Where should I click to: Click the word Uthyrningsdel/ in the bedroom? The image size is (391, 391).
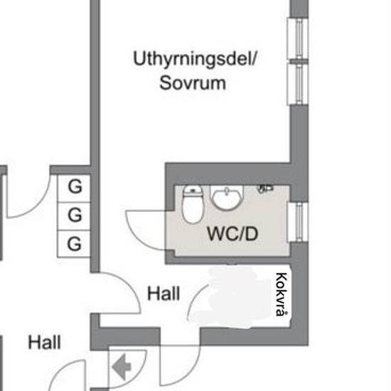195,59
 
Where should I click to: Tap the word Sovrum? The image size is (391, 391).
193,83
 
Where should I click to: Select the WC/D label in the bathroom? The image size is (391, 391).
232,234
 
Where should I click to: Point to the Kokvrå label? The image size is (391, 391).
282,294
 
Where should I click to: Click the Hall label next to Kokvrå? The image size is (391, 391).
164,293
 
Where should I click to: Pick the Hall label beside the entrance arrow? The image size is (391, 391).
44,342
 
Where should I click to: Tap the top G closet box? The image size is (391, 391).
73,188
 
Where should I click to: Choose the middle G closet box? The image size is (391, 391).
73,216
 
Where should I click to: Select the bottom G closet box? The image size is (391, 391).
73,244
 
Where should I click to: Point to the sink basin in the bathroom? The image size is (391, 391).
227,198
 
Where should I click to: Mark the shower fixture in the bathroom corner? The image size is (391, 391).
265,188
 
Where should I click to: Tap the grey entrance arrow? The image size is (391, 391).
122,367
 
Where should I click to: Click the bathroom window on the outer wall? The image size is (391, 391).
299,222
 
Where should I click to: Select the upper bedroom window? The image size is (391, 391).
299,38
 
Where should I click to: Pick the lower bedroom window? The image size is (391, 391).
299,85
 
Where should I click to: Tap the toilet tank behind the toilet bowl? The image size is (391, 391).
193,190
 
